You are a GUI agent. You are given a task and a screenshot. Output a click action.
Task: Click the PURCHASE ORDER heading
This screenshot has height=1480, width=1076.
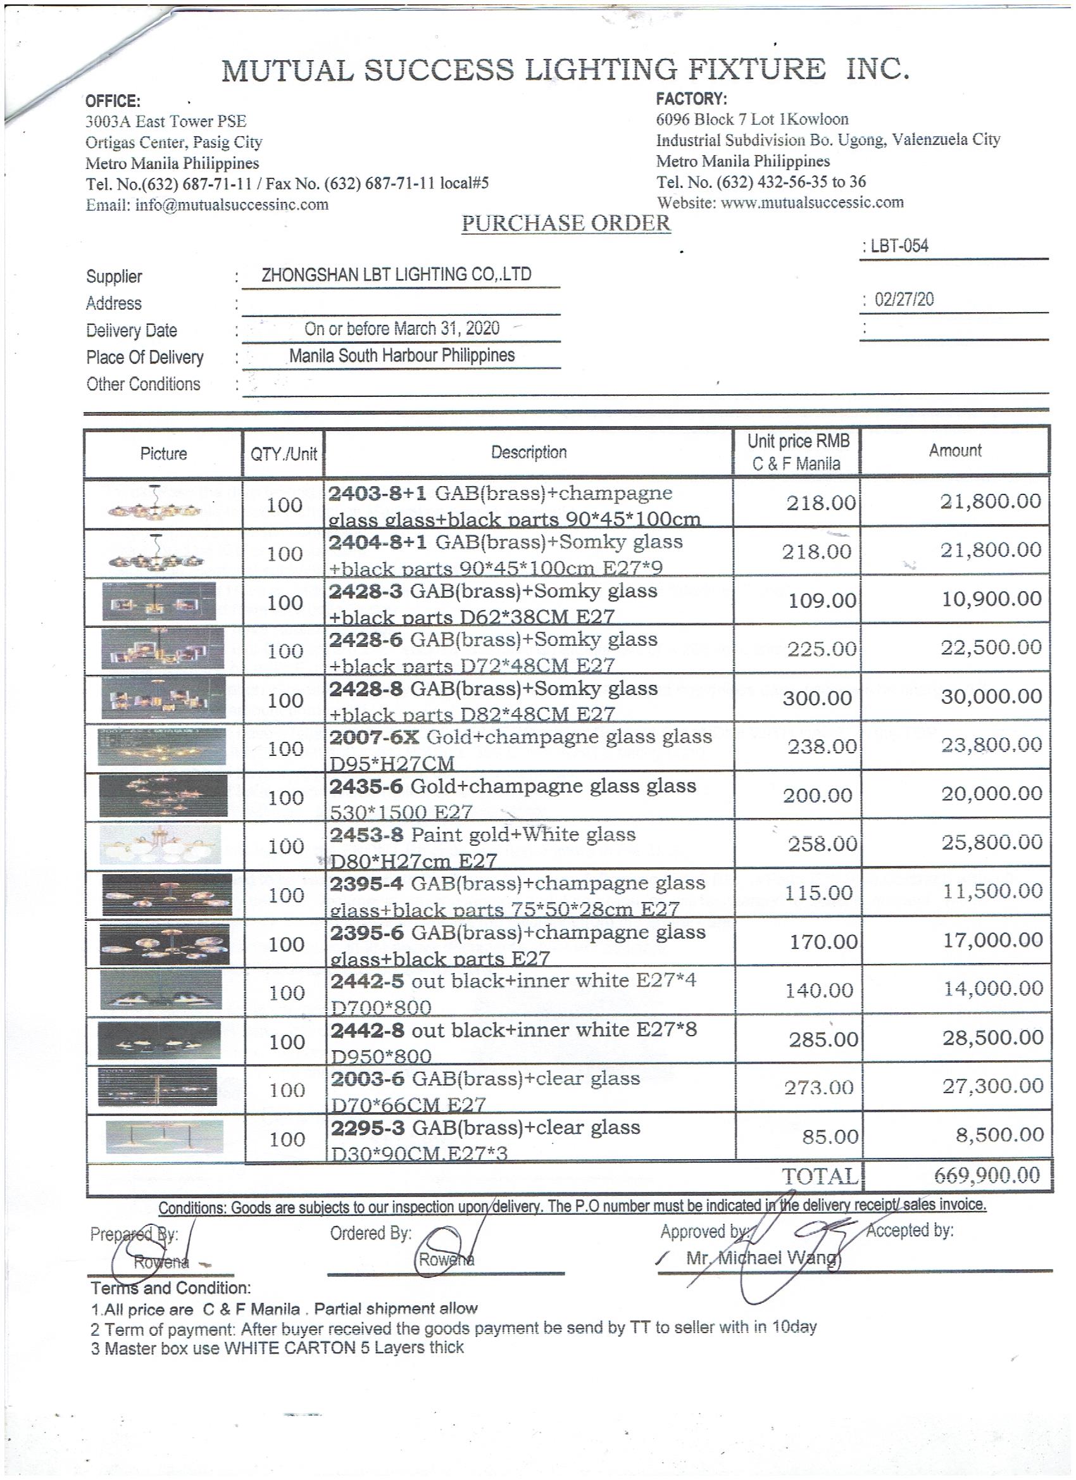tap(566, 224)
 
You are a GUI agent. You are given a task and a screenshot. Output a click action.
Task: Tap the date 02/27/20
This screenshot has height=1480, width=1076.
tap(904, 299)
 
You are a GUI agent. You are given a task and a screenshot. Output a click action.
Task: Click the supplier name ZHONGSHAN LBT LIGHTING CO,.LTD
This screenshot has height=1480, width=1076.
tap(396, 275)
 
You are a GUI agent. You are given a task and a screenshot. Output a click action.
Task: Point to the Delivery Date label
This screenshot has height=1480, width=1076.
tap(131, 331)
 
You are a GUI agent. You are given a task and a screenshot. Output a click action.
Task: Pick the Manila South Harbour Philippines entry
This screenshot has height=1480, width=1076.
tap(402, 356)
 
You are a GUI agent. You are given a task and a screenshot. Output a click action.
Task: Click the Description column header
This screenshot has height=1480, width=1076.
tap(529, 452)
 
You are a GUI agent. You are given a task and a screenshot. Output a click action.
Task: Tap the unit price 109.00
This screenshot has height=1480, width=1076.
tap(822, 600)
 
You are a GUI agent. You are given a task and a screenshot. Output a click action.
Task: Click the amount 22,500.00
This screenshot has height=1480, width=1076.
tap(991, 648)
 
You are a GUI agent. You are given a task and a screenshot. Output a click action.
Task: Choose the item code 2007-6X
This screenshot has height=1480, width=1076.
tap(375, 737)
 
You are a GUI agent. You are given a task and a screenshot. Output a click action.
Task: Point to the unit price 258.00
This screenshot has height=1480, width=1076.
tap(822, 844)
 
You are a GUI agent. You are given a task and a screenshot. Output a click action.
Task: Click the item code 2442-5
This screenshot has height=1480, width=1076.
tap(367, 981)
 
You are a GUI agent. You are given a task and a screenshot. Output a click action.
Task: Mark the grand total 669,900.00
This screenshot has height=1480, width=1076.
tap(987, 1176)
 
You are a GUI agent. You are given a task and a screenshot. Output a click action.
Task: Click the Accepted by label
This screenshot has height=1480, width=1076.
tap(910, 1230)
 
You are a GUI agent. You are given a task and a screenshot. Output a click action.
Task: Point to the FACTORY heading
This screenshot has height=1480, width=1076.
tap(691, 99)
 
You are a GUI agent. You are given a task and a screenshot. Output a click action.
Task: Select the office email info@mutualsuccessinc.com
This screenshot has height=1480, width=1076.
tap(232, 205)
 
